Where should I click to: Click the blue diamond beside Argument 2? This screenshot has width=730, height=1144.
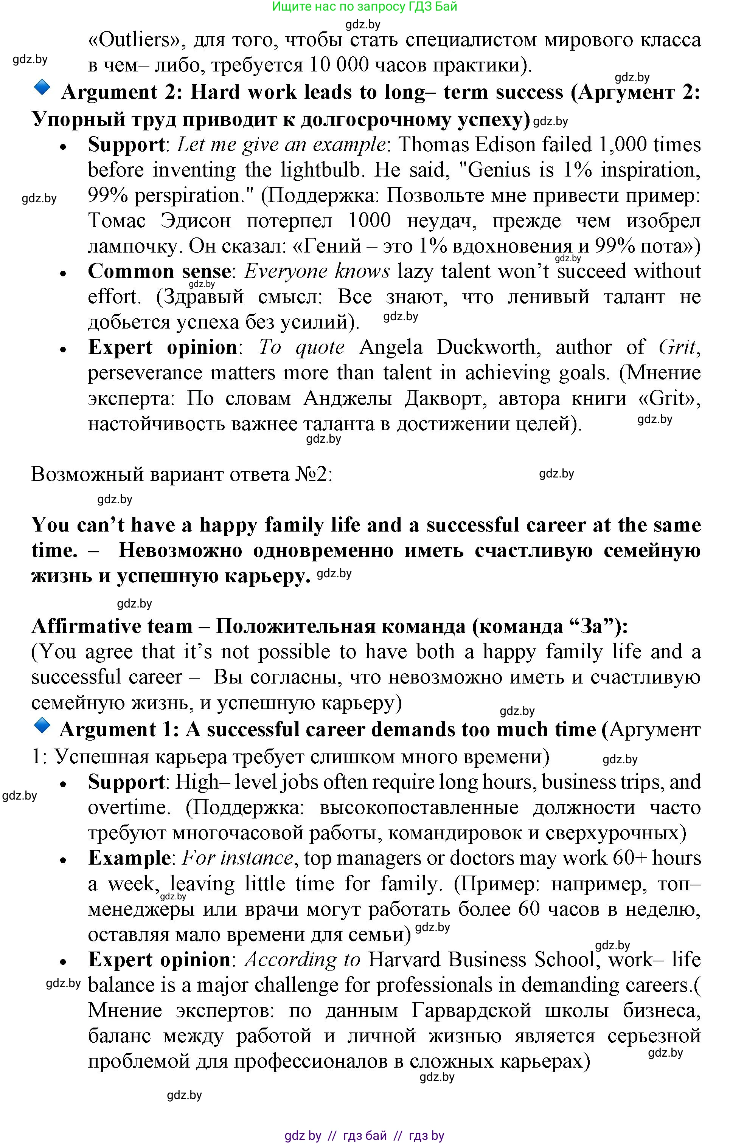click(x=42, y=87)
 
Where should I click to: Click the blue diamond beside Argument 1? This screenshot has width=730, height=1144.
click(x=42, y=726)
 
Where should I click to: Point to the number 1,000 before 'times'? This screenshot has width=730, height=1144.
click(x=622, y=145)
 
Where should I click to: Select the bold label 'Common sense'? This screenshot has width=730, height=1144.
click(x=159, y=271)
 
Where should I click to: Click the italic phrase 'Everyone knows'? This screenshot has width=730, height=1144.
click(x=317, y=271)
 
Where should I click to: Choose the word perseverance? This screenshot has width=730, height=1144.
click(x=145, y=373)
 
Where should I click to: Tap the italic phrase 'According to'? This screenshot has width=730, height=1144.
click(x=303, y=960)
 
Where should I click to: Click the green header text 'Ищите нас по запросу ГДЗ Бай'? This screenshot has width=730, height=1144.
click(x=365, y=7)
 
